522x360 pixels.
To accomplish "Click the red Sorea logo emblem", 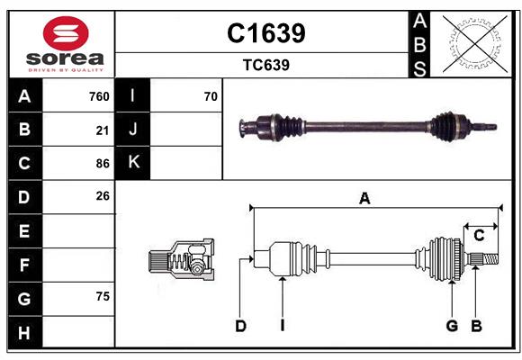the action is pos(66,33).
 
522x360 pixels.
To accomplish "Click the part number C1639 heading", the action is pos(266,33).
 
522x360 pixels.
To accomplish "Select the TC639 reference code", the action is pos(266,65).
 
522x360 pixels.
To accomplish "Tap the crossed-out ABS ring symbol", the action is pos(475,44).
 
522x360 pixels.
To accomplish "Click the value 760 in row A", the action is pos(99,96).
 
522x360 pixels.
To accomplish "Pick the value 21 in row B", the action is pos(103,130).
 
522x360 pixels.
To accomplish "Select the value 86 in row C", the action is pos(103,164).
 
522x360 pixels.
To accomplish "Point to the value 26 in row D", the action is pos(103,196).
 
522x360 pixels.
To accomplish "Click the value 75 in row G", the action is pos(103,296).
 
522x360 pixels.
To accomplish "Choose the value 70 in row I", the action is pos(211,96).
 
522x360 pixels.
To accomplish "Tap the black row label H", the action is pos(25,332).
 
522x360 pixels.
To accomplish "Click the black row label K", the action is pos(133,163).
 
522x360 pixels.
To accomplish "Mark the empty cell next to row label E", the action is pos(78,230).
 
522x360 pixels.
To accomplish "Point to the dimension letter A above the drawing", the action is pos(364,199).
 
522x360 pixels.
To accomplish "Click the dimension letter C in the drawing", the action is pos(479,236).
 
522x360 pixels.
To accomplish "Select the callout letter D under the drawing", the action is pos(240,326).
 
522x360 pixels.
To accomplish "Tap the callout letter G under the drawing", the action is pos(452,326).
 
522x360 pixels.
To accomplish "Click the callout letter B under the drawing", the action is pos(476,326).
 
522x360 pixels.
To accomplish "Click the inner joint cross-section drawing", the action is pos(182,259).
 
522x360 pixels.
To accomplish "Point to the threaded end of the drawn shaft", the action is pos(490,259).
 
